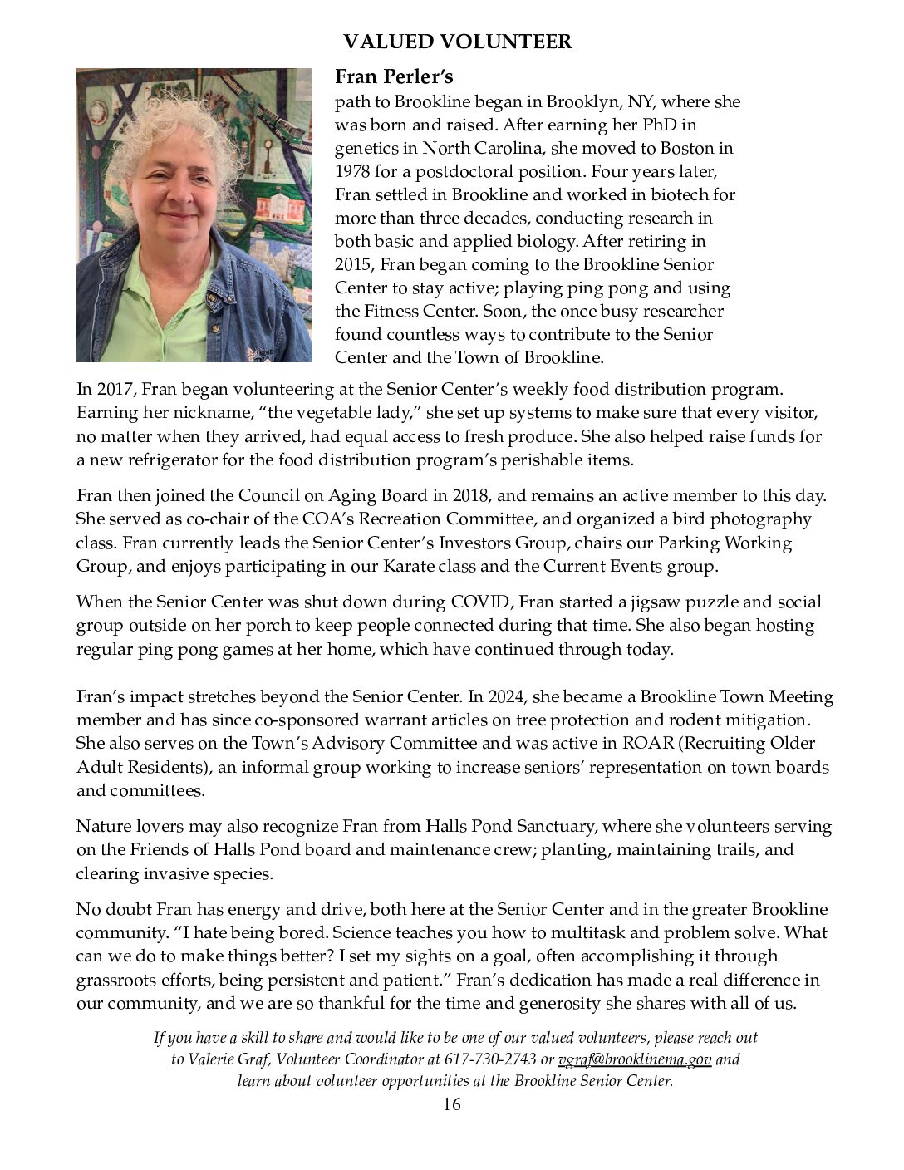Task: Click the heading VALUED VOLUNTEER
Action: (458, 42)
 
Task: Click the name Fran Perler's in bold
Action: (394, 77)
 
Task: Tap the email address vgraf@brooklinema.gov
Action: (635, 1059)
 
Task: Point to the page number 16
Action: (451, 1104)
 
